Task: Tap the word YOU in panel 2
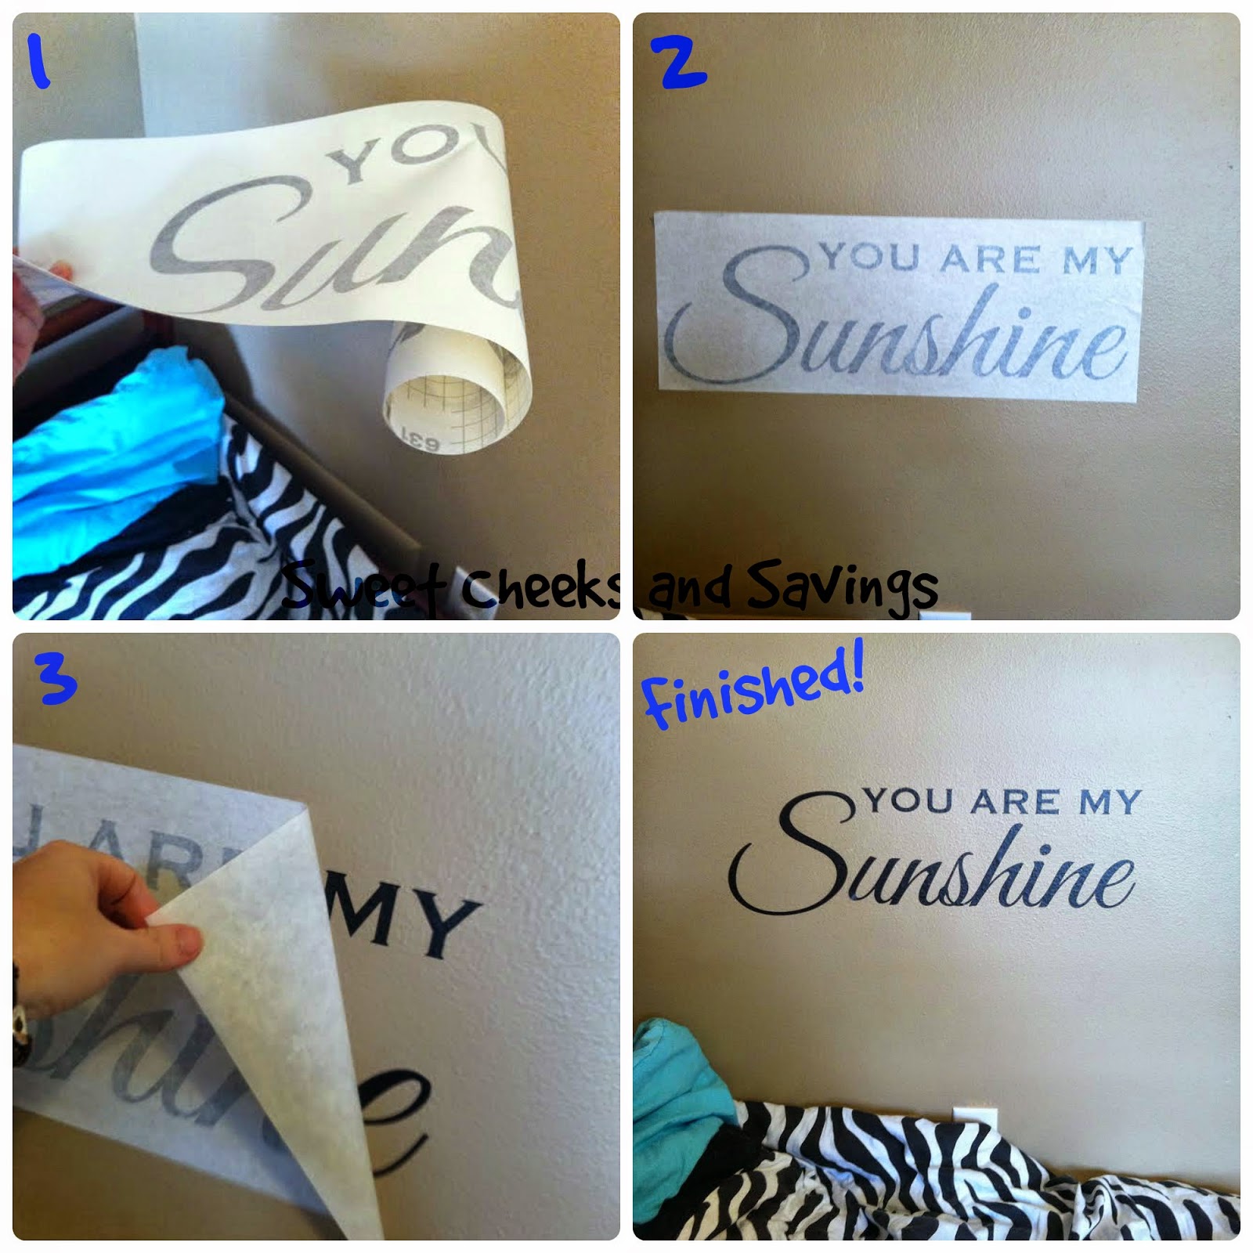pyautogui.click(x=869, y=257)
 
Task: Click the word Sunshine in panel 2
pyautogui.click(x=901, y=329)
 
